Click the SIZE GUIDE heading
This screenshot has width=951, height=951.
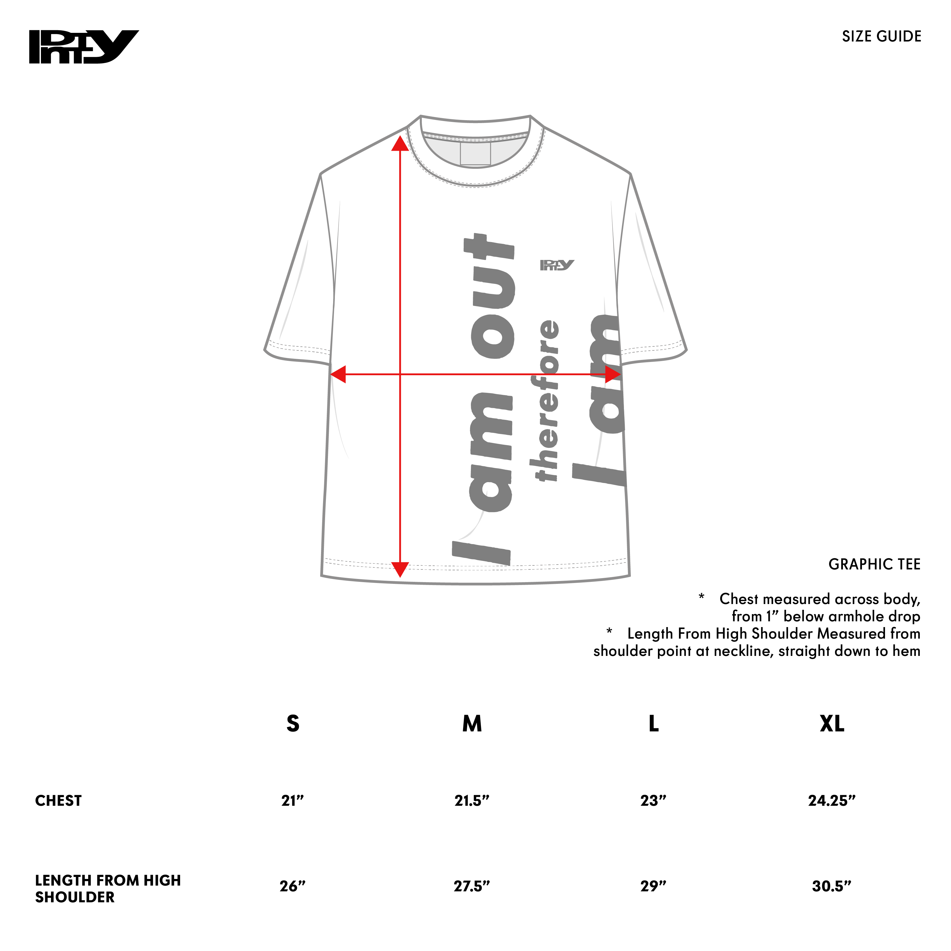coord(881,36)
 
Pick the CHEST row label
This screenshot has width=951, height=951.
coord(58,801)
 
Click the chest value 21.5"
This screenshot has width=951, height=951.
coord(471,801)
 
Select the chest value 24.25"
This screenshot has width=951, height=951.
coord(832,801)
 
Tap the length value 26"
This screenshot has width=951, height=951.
coord(293,886)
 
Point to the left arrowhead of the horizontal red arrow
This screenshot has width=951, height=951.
coord(338,374)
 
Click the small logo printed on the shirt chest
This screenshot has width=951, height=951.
coord(557,265)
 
